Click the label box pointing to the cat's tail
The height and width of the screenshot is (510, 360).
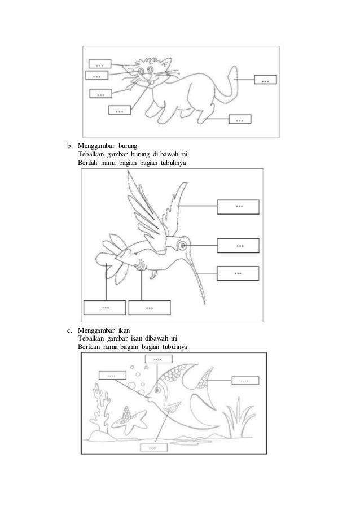265,80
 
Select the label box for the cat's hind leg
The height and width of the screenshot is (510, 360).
240,119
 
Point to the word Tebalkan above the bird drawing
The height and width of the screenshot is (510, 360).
91,154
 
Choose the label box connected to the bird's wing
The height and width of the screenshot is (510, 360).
238,207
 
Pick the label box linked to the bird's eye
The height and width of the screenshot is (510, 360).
238,246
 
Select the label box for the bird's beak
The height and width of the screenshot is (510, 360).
238,273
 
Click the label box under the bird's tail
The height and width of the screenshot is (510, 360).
104,307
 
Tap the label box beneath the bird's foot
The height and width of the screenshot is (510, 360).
150,307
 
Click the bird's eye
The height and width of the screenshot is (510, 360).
183,246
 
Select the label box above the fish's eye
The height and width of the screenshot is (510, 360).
158,359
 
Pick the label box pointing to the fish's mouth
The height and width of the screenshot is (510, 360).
112,376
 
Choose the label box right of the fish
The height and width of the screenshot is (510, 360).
245,380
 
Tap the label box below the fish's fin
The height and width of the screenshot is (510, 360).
154,447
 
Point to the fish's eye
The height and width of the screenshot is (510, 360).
157,390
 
